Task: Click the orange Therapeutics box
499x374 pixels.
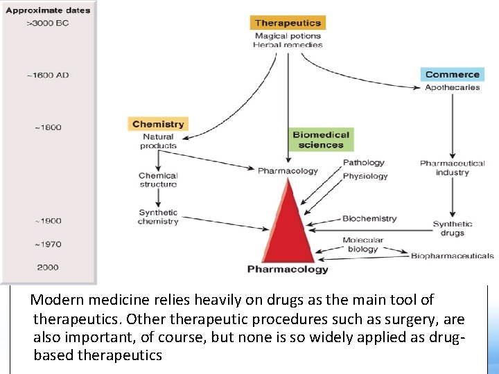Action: (x=288, y=23)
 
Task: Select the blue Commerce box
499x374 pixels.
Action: (x=452, y=74)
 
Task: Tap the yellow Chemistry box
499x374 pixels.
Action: (x=158, y=124)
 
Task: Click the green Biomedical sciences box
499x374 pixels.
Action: (x=322, y=140)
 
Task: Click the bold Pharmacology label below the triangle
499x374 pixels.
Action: (x=288, y=269)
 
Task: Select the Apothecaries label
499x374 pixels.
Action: (x=452, y=87)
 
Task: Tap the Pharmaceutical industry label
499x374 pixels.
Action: (x=452, y=168)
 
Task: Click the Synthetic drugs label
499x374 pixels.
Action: (x=452, y=229)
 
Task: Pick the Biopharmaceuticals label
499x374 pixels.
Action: (x=452, y=256)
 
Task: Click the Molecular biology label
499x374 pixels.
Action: (x=362, y=244)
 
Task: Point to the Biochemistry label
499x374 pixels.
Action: (x=369, y=219)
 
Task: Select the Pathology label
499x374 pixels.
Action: (x=363, y=163)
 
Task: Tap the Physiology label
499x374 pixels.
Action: (x=365, y=176)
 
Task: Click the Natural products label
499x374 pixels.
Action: (x=158, y=141)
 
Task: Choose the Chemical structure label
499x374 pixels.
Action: (x=158, y=180)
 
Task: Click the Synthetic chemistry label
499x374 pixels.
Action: (x=158, y=217)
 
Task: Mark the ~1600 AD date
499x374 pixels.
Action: (x=48, y=75)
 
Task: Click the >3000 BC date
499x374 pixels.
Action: (x=47, y=24)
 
